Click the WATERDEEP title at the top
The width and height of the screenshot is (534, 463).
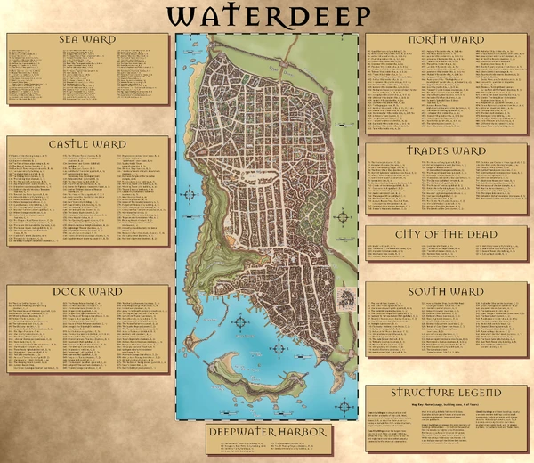pyautogui.click(x=267, y=18)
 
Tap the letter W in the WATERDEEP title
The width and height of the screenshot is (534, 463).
pyautogui.click(x=182, y=18)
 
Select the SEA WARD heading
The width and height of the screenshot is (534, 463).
pyautogui.click(x=88, y=40)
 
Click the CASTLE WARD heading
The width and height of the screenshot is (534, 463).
pyautogui.click(x=88, y=142)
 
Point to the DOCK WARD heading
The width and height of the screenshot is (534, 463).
pyautogui.click(x=88, y=291)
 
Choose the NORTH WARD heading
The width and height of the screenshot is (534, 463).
pyautogui.click(x=446, y=41)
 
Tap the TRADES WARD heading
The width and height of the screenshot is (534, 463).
pyautogui.click(x=446, y=150)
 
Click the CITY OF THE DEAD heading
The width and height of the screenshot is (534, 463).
pyautogui.click(x=446, y=233)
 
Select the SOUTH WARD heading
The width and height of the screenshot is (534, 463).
pyautogui.click(x=446, y=291)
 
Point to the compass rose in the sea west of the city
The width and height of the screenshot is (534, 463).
pyautogui.click(x=190, y=195)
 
